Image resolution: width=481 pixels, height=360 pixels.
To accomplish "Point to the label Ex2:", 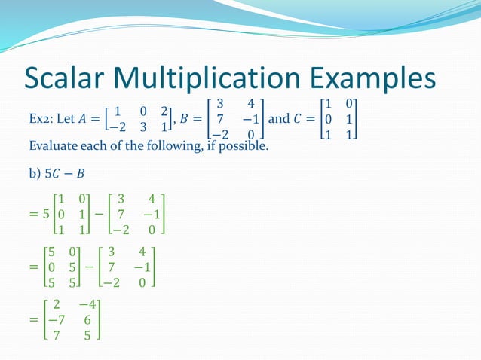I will pyautogui.click(x=41, y=120).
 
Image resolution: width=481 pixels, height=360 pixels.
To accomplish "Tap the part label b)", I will pyautogui.click(x=34, y=175).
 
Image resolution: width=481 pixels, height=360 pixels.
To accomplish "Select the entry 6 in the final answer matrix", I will pyautogui.click(x=88, y=319).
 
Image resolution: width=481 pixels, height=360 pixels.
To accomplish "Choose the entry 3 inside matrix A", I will pyautogui.click(x=142, y=127).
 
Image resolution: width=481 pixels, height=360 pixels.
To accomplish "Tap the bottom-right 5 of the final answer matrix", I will pyautogui.click(x=88, y=335).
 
